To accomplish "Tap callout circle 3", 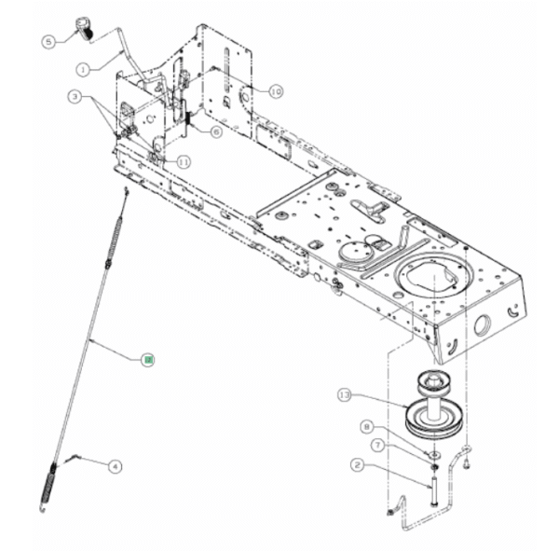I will point(72,96).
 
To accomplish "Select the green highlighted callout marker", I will point(146,358).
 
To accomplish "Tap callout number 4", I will point(115,465).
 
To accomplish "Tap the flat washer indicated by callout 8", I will point(433,443).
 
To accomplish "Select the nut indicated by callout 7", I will point(433,455).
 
